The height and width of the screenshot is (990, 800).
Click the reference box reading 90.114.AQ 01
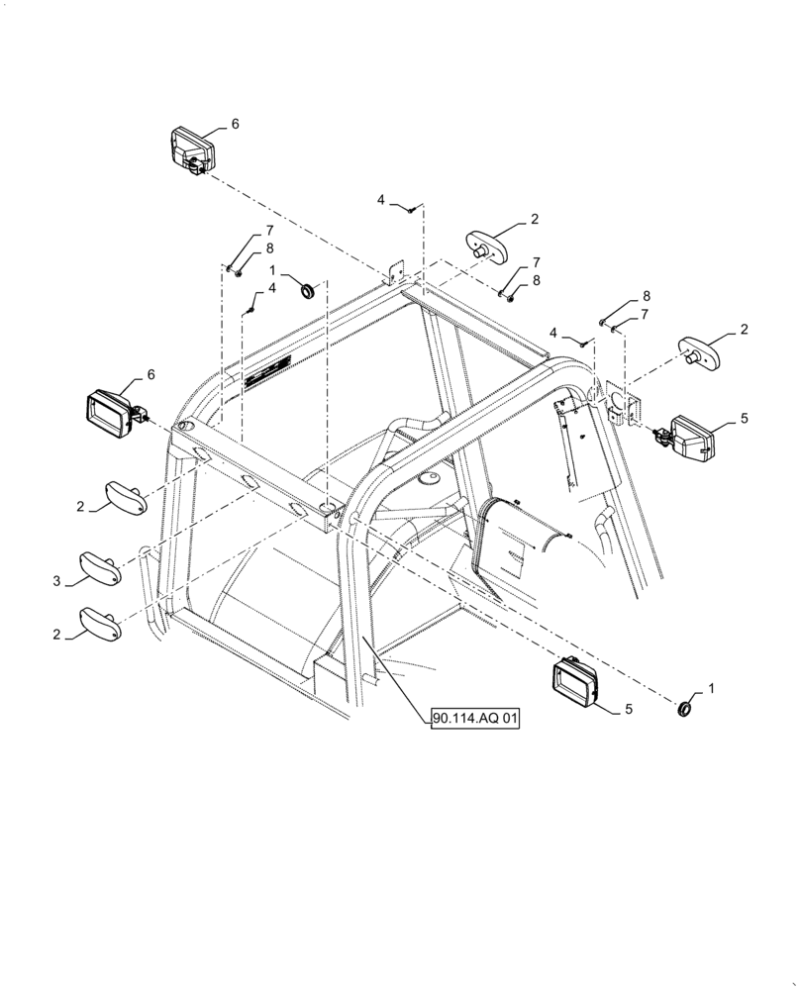click(x=475, y=719)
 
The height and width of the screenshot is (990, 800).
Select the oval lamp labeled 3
click(x=100, y=569)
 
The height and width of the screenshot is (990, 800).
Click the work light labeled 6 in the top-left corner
click(x=190, y=150)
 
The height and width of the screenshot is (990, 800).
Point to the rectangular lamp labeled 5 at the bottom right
click(x=576, y=682)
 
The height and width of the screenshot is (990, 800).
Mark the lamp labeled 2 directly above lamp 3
click(x=127, y=498)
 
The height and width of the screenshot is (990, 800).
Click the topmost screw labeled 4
click(x=408, y=208)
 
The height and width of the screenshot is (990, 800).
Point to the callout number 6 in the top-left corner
click(x=235, y=124)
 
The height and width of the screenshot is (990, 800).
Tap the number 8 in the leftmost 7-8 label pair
click(x=242, y=247)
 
